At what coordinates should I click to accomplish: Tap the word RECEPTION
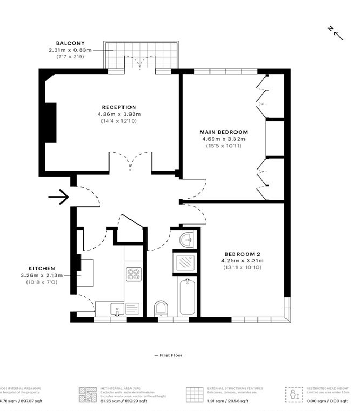(119, 107)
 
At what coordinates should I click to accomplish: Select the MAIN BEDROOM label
(224, 132)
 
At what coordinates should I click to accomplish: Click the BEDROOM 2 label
(242, 254)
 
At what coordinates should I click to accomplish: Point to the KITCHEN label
(41, 268)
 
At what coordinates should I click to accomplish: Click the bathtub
(187, 297)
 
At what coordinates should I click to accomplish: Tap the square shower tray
(184, 262)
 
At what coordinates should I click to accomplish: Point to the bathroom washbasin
(187, 239)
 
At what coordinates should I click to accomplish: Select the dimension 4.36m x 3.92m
(119, 114)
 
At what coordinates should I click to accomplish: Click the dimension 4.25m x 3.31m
(242, 261)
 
